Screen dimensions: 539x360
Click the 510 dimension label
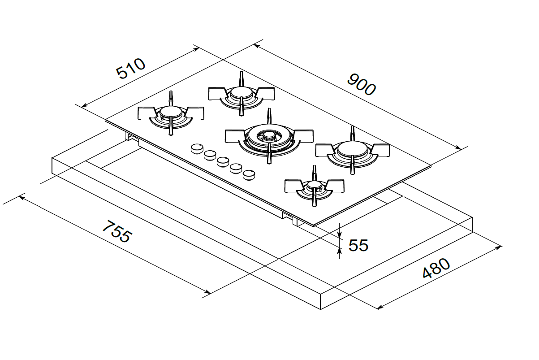[x=131, y=69]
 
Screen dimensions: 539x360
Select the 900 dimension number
[x=361, y=85]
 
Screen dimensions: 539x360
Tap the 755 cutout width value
[x=117, y=231]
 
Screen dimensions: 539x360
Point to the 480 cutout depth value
[x=436, y=268]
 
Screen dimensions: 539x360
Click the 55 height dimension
[x=358, y=245]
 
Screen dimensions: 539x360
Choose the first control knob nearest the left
[x=197, y=148]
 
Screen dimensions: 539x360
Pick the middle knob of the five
[x=223, y=162]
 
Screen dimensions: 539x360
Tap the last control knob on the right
[x=249, y=175]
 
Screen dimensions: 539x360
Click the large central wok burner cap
[x=269, y=137]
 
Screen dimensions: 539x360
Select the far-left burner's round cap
[x=171, y=112]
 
